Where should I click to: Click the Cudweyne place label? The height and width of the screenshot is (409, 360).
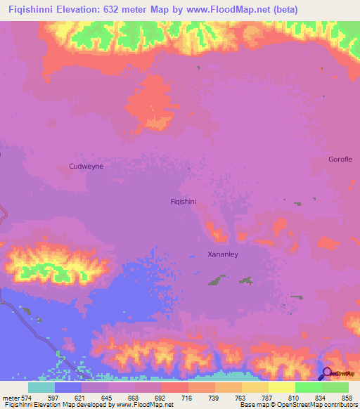tap(86, 166)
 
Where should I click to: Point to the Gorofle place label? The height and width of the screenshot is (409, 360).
tap(340, 160)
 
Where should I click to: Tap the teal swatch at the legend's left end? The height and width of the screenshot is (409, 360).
tap(41, 387)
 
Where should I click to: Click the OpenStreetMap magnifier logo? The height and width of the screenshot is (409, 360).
tap(328, 374)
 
